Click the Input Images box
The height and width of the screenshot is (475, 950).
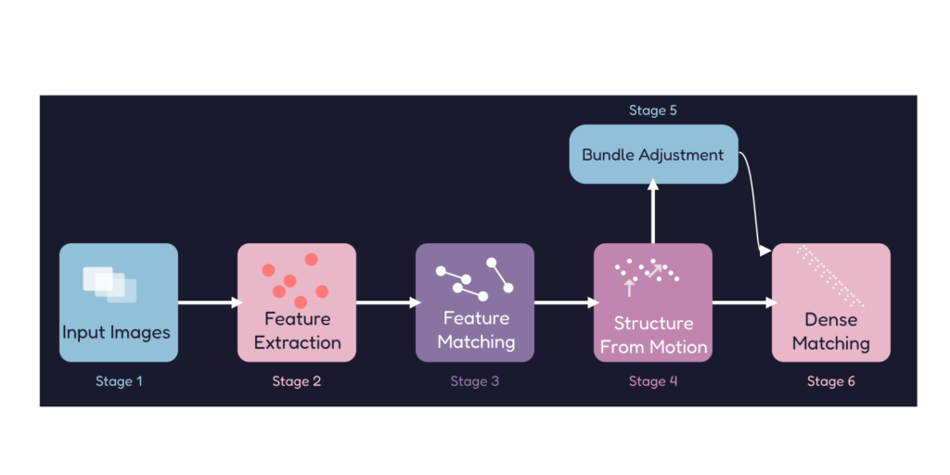119,302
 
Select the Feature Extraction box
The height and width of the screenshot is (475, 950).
297,302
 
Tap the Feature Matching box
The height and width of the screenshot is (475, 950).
475,302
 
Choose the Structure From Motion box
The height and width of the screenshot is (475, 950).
653,302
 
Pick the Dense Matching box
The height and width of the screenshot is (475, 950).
831,302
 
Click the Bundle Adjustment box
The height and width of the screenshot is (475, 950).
653,155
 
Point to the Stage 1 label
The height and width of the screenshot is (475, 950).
119,381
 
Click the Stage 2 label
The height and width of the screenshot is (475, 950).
297,381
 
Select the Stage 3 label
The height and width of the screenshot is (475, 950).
475,381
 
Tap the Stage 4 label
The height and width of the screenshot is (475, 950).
653,381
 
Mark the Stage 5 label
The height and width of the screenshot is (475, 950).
653,110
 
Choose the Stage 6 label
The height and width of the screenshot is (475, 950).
831,381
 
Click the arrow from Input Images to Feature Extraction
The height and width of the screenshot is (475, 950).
208,302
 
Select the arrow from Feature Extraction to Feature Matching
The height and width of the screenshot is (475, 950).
386,302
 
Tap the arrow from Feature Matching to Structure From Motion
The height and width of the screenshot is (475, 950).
564,302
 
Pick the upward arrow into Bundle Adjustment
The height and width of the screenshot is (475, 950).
653,213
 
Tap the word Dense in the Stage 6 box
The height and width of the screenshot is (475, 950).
831,320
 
